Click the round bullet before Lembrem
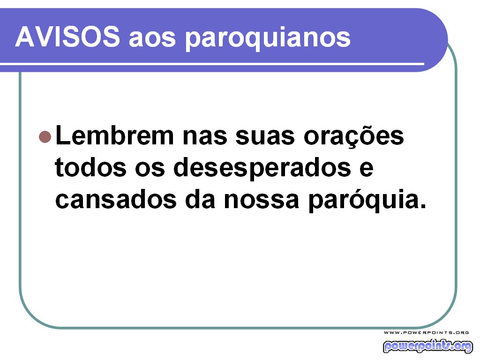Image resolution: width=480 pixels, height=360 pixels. pos(45,136)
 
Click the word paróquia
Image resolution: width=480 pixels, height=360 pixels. pos(358,201)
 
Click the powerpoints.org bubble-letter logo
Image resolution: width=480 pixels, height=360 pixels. pos(427,346)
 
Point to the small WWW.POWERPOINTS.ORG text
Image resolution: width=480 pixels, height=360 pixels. pos(426,332)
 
